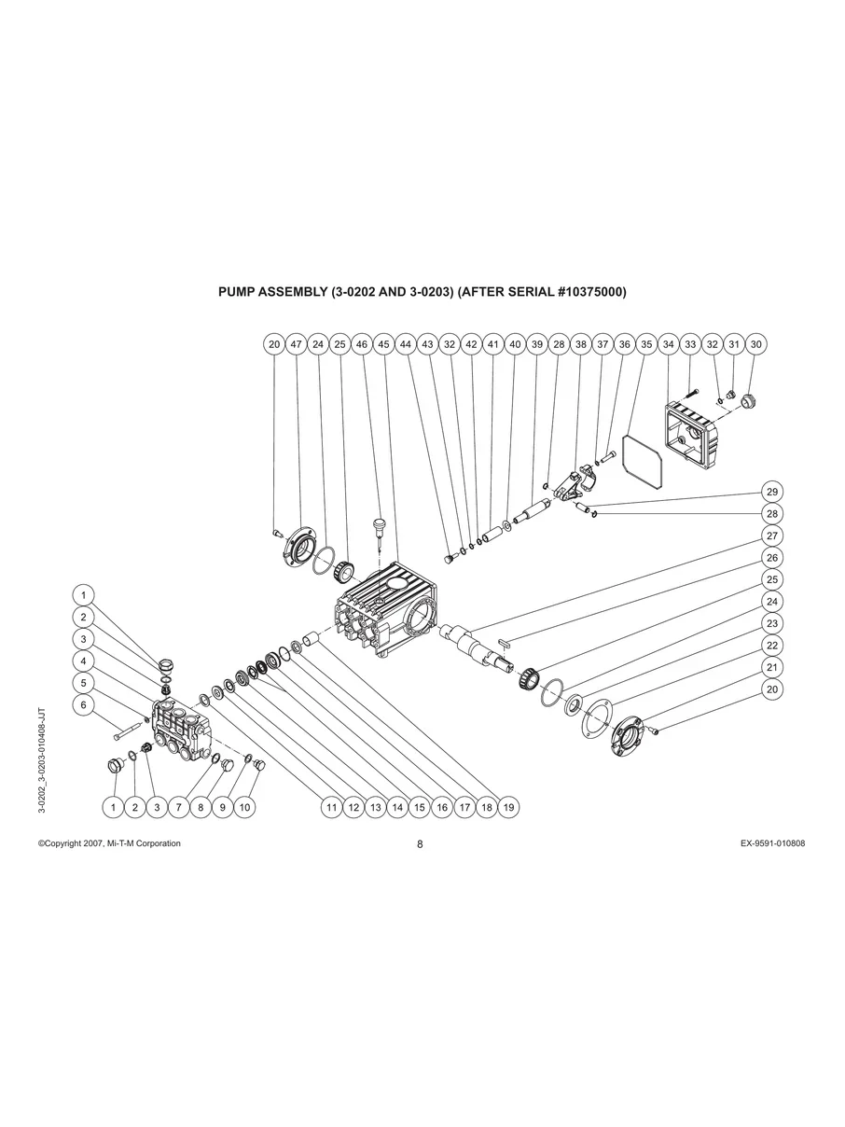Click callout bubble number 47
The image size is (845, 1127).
296,344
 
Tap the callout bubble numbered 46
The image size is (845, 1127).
362,344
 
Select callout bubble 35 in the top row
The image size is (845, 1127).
646,344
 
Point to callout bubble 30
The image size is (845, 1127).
755,344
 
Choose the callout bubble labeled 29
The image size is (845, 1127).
771,492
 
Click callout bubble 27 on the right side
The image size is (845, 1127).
771,536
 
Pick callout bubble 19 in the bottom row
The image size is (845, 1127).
508,807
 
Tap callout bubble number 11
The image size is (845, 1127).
331,807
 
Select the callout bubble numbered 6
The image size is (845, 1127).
83,705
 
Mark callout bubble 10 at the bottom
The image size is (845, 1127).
244,807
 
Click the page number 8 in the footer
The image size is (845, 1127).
420,844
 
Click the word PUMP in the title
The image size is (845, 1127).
235,292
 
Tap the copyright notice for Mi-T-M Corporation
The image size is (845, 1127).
109,843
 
